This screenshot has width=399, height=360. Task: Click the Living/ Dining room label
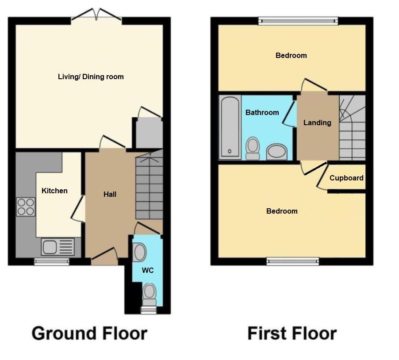click(x=91, y=77)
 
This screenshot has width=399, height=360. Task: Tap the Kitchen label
click(x=54, y=191)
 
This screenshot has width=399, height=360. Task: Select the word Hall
click(x=110, y=194)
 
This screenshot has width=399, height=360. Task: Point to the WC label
click(x=148, y=270)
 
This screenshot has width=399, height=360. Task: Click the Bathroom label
click(x=262, y=112)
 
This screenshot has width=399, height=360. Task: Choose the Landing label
click(x=317, y=123)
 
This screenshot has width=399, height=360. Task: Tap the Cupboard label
click(x=346, y=178)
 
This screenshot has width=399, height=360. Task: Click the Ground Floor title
click(x=89, y=333)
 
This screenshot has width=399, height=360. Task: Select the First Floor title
click(x=292, y=333)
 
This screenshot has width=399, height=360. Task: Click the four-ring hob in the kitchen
click(x=26, y=207)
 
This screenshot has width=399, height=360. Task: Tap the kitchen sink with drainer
click(x=58, y=247)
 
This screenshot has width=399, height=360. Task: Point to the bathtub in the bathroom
click(x=230, y=127)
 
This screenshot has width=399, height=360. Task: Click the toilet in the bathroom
click(x=253, y=148)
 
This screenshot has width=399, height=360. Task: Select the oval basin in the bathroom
click(x=277, y=152)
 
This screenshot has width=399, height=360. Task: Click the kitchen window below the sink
click(x=52, y=262)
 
